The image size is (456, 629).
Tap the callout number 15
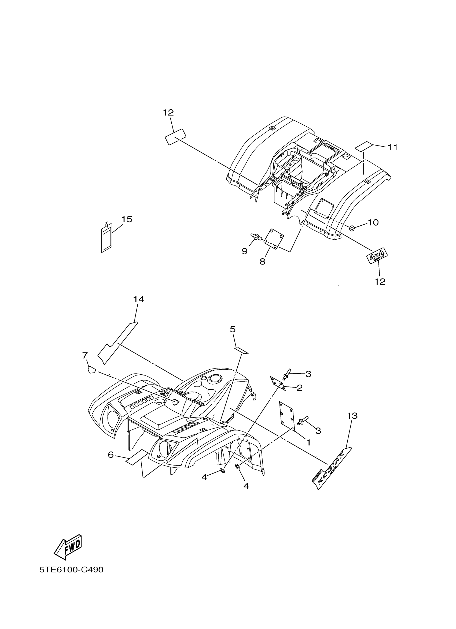[x=127, y=219]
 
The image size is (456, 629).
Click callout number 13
[x=352, y=423]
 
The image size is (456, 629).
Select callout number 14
[x=139, y=299]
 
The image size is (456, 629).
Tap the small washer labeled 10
[x=352, y=228]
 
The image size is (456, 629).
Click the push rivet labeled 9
[x=255, y=237]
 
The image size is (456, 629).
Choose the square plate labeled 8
[x=273, y=239]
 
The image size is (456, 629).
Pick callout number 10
[x=373, y=222]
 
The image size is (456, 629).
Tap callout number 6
[x=111, y=455]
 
